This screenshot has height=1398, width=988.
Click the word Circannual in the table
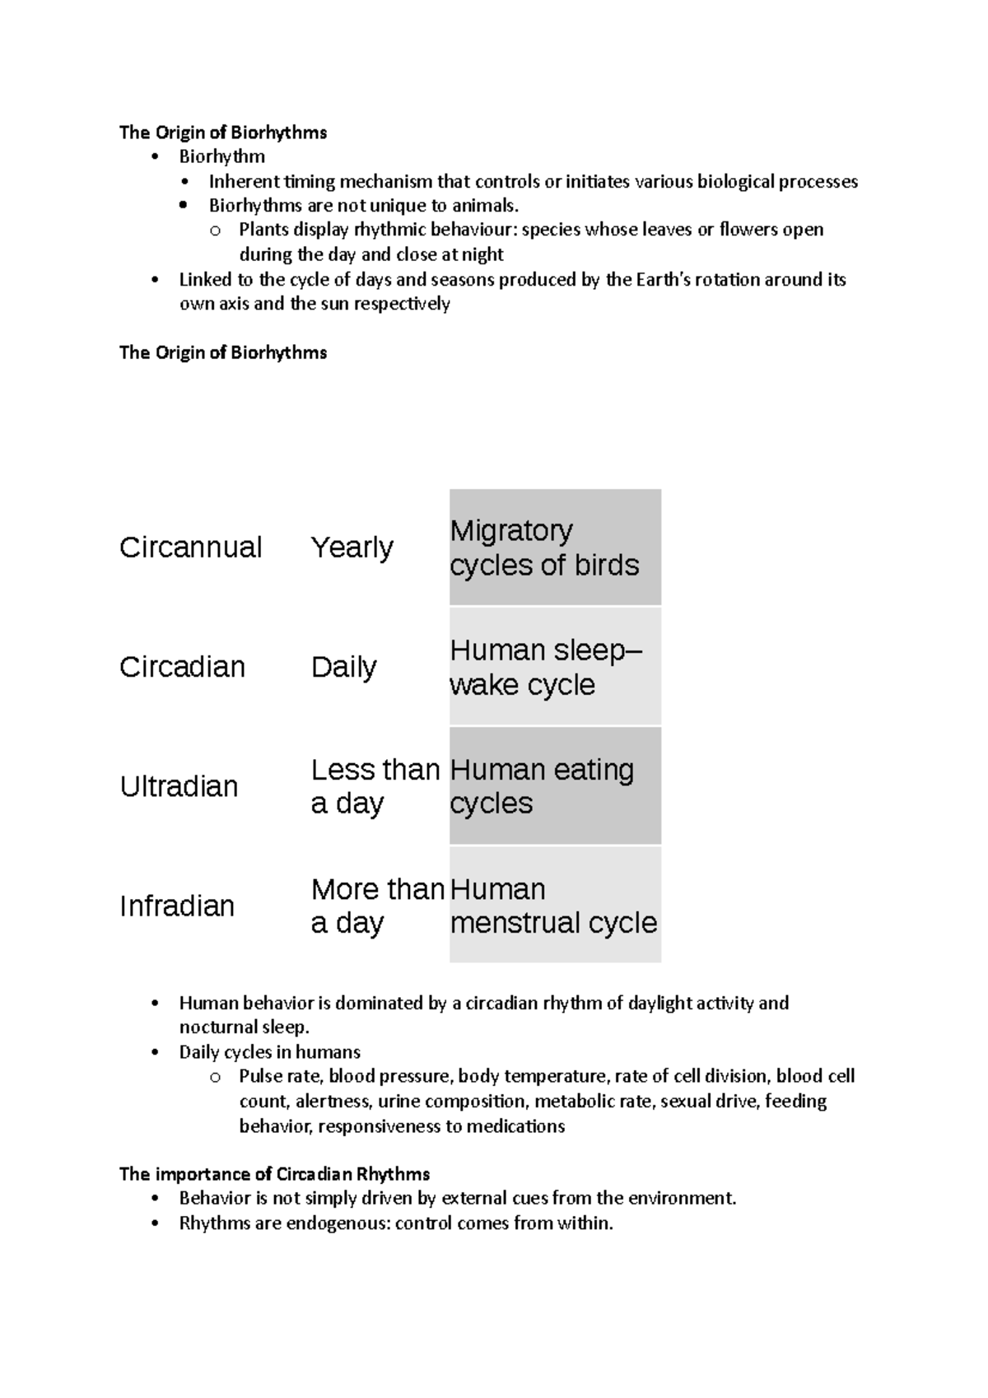click(190, 548)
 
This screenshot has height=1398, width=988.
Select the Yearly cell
click(352, 548)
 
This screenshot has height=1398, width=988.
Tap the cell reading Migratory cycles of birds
click(555, 548)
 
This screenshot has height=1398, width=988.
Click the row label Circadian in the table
click(182, 667)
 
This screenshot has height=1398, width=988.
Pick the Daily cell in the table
click(343, 667)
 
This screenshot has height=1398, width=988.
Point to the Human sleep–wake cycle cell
click(555, 667)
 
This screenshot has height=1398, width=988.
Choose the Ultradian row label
click(179, 786)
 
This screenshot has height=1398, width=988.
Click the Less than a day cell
click(375, 786)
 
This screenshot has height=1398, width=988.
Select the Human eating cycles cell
click(555, 786)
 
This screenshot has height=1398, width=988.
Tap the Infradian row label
click(177, 906)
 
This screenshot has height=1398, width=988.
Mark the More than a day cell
click(377, 906)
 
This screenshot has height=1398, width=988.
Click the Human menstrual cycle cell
click(555, 906)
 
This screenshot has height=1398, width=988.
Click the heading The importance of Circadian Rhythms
click(274, 1173)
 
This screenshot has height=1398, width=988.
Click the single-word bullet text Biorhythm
click(222, 156)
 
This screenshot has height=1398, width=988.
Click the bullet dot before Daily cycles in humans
click(156, 1052)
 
